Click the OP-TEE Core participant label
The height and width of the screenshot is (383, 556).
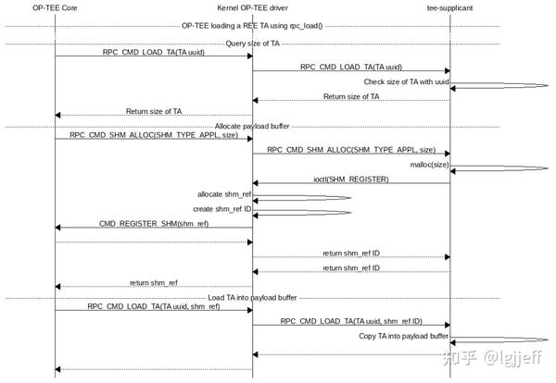(x=55, y=7)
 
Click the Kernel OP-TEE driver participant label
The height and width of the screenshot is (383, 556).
(x=252, y=7)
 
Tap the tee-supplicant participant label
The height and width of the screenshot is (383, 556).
(x=450, y=7)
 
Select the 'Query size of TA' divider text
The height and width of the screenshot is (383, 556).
(x=252, y=43)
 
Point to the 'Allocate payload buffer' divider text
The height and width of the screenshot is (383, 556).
(x=252, y=126)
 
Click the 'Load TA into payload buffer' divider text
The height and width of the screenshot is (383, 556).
(x=252, y=298)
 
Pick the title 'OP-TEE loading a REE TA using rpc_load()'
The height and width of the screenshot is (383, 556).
(x=252, y=26)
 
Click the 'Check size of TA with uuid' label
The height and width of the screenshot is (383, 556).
(x=406, y=81)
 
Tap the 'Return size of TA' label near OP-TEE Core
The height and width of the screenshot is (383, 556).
(x=154, y=111)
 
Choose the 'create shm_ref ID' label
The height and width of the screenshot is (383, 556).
(x=222, y=209)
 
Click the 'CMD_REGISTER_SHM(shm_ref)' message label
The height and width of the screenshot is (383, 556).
(x=154, y=223)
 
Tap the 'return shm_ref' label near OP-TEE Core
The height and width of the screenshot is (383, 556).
(x=154, y=282)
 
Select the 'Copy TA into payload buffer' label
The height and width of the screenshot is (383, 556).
(x=404, y=336)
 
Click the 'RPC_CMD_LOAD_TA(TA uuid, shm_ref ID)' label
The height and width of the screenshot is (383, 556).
(x=351, y=320)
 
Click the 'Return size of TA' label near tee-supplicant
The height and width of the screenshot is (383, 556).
(x=351, y=96)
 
